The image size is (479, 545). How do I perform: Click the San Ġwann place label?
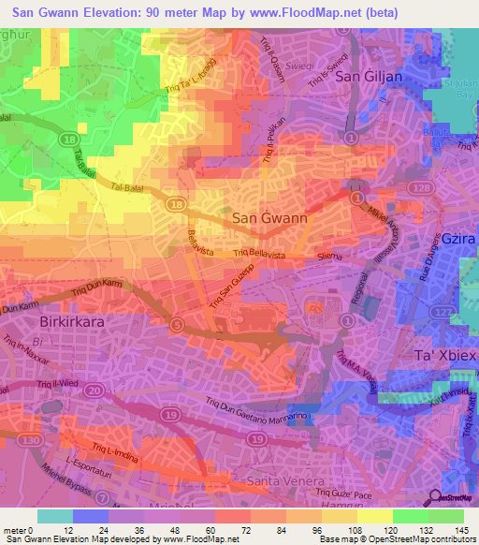(269, 218)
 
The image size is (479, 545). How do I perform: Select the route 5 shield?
(177, 324)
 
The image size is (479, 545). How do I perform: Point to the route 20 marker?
(94, 389)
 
